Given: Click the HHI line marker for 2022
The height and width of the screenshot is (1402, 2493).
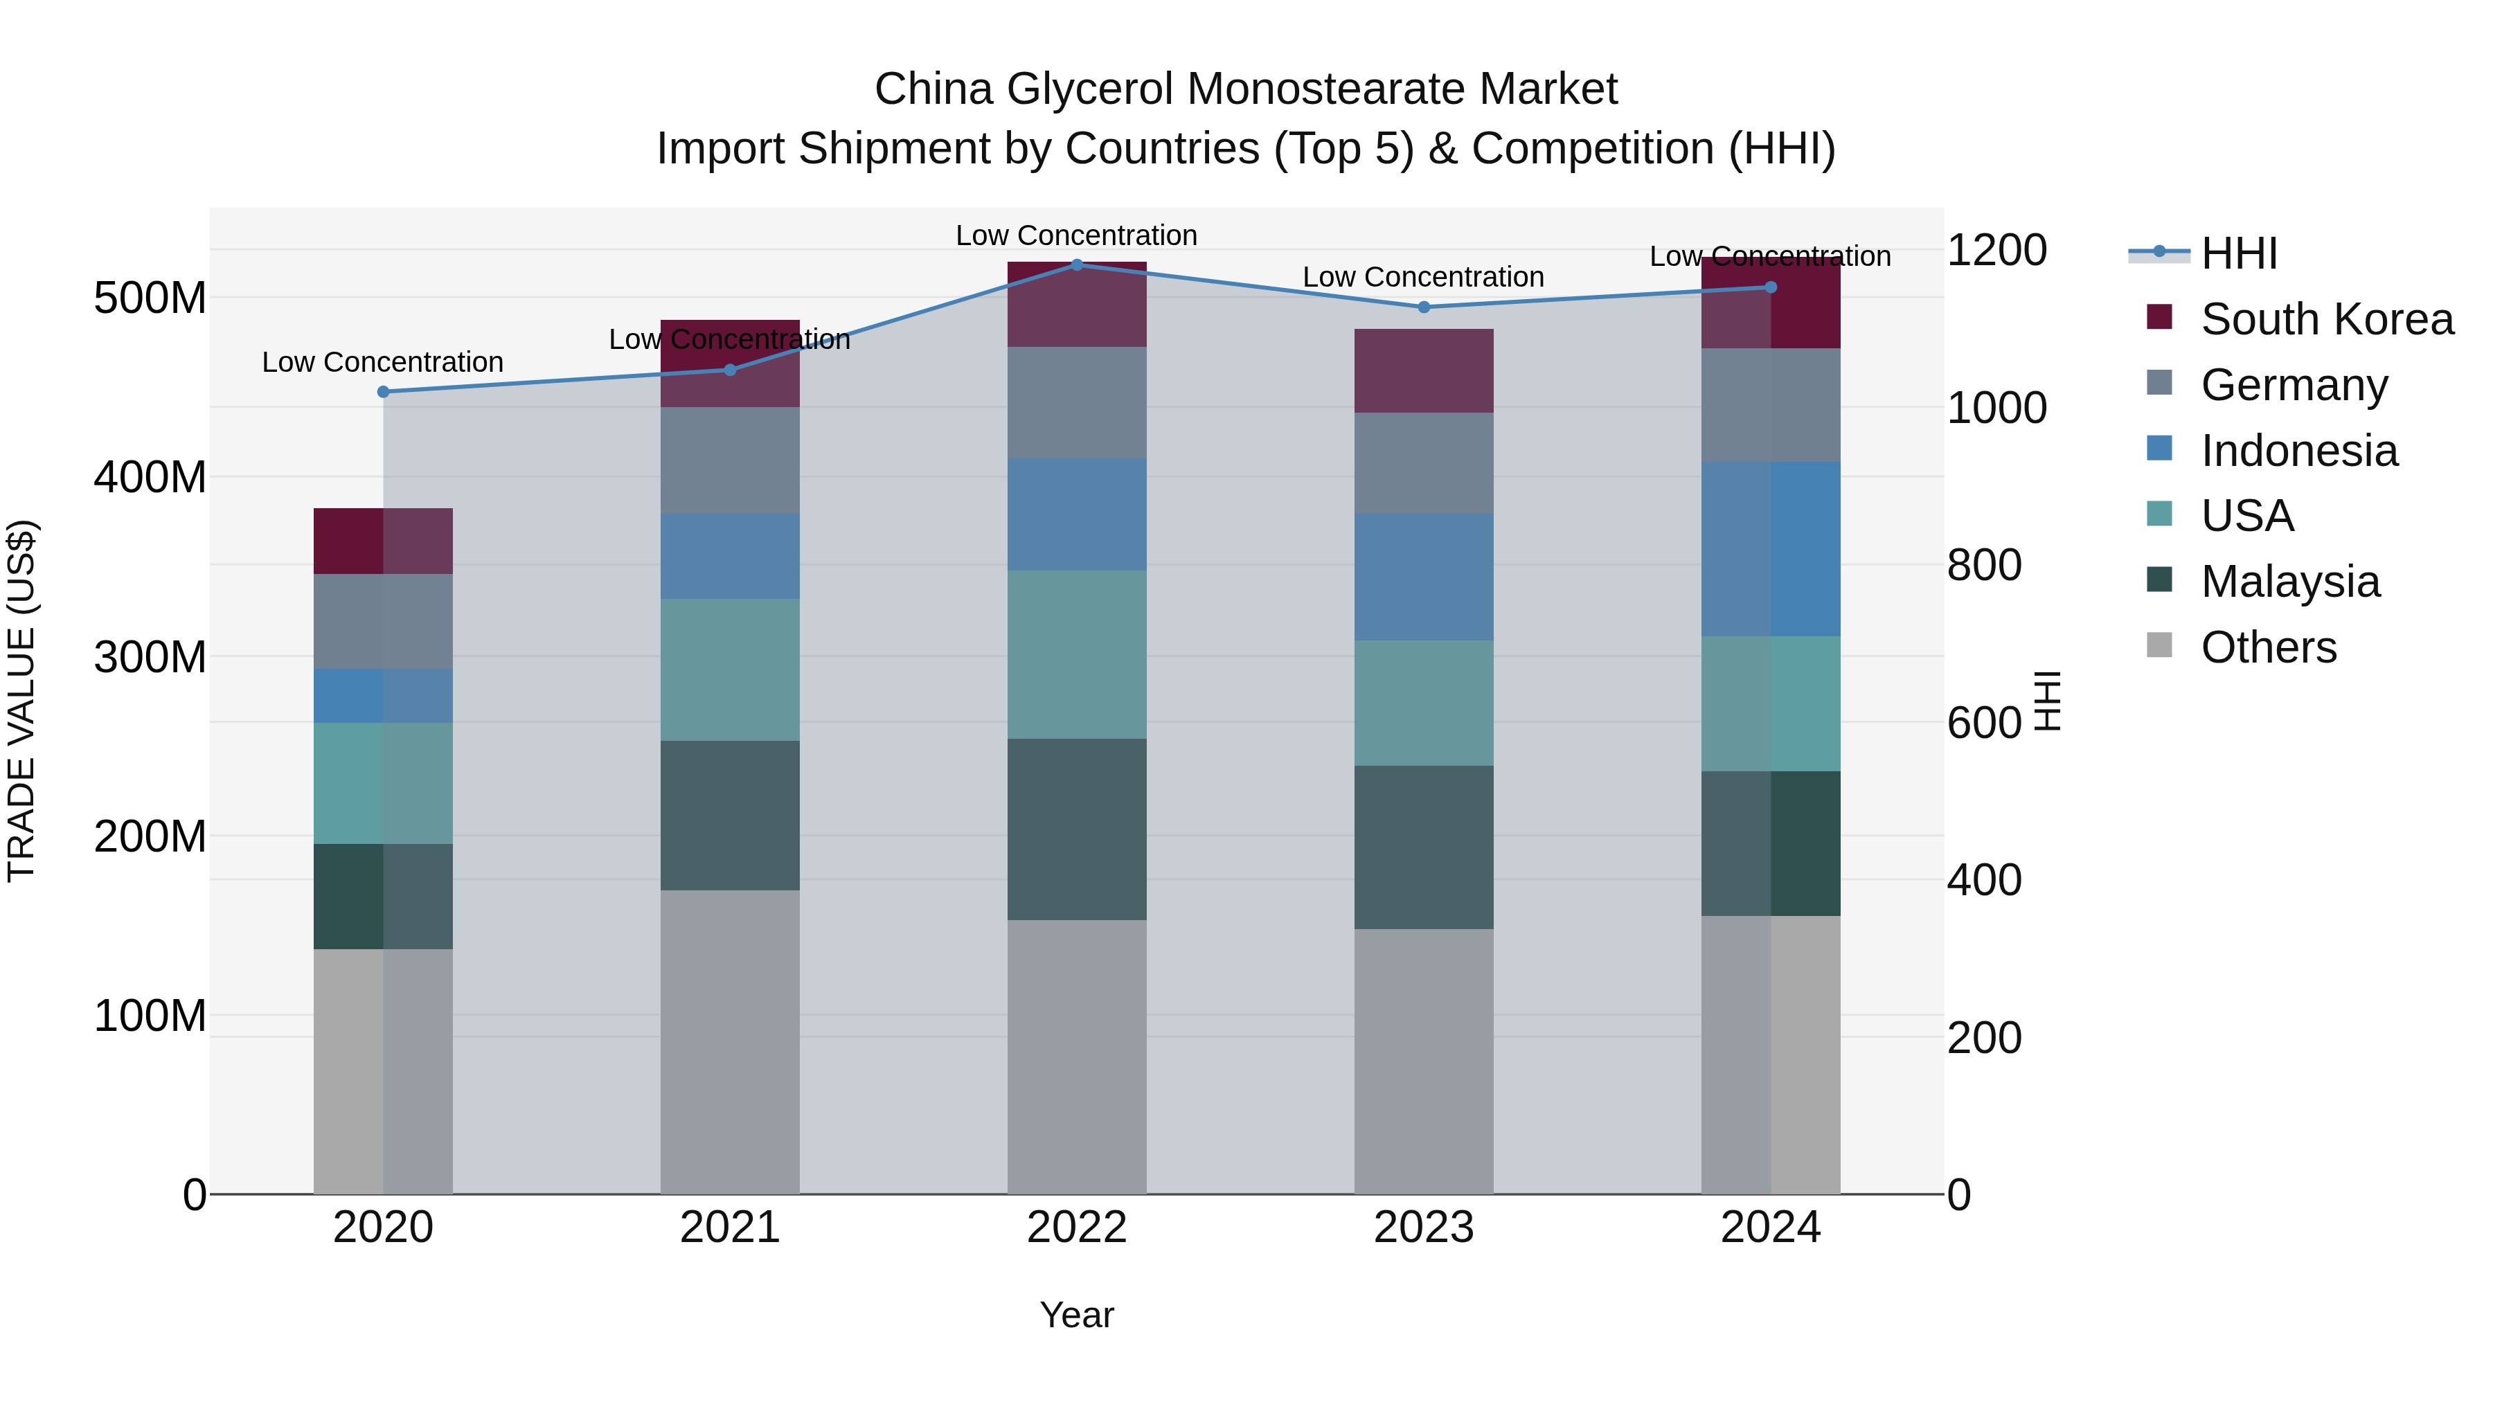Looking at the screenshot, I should click(1077, 264).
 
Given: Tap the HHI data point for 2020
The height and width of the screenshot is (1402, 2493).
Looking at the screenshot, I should click(383, 392).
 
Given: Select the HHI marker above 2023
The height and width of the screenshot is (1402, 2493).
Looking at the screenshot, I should click(1424, 307).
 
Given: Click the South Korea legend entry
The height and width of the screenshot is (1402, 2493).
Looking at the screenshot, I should click(2327, 319).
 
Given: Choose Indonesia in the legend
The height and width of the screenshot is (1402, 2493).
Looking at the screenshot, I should click(2299, 451).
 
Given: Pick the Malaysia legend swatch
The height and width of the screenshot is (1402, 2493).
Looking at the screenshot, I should click(2159, 581).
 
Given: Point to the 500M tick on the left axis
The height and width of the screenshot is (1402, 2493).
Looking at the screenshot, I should click(150, 298).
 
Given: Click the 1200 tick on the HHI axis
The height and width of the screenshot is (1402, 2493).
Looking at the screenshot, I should click(1996, 251).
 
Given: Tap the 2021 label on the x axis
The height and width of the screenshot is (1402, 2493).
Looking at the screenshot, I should click(730, 1228).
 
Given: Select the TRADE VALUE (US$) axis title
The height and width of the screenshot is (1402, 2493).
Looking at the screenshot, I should click(21, 701).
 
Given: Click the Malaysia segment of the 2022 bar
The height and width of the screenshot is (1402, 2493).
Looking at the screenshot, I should click(1077, 829).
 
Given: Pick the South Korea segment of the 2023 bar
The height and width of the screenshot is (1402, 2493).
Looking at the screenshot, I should click(1424, 370).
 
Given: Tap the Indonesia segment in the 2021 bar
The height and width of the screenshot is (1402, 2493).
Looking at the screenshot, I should click(730, 557).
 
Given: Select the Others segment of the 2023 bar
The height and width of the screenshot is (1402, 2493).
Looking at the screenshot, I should click(1424, 1061).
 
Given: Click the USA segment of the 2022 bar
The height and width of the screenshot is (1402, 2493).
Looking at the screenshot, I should click(1077, 654).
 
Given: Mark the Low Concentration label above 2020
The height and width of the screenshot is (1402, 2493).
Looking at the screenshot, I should click(383, 363).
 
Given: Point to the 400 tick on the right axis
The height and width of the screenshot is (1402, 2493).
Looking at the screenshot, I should click(1984, 881).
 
